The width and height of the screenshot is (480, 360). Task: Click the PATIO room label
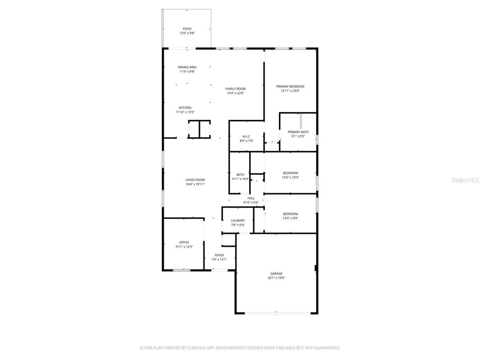click(187, 29)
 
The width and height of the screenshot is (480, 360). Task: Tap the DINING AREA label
click(187, 67)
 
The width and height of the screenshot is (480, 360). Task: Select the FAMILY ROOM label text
click(235, 89)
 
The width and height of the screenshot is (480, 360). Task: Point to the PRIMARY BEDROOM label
click(290, 87)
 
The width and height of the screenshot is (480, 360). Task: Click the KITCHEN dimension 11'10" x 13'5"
click(185, 112)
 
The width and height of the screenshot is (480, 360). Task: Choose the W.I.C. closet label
click(246, 136)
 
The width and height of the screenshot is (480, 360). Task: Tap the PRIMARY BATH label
click(298, 132)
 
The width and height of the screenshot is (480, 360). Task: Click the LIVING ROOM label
click(195, 180)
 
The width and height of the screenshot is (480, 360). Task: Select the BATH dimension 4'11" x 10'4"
click(240, 179)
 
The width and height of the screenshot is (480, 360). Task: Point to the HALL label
click(251, 198)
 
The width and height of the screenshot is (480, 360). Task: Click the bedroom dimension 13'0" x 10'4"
click(290, 177)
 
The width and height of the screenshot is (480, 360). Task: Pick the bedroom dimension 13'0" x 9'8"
click(290, 218)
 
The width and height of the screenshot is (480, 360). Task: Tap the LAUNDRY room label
click(238, 220)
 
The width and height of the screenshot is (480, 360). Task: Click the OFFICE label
click(184, 242)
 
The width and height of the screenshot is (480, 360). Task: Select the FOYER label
click(219, 255)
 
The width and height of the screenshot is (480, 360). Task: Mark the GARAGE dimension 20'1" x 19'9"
click(276, 278)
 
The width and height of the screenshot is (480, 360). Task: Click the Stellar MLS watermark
click(465, 180)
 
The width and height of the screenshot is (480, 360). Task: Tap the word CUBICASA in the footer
click(198, 348)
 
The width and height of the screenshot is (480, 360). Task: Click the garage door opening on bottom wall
click(277, 312)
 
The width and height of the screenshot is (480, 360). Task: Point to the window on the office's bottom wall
click(181, 270)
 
